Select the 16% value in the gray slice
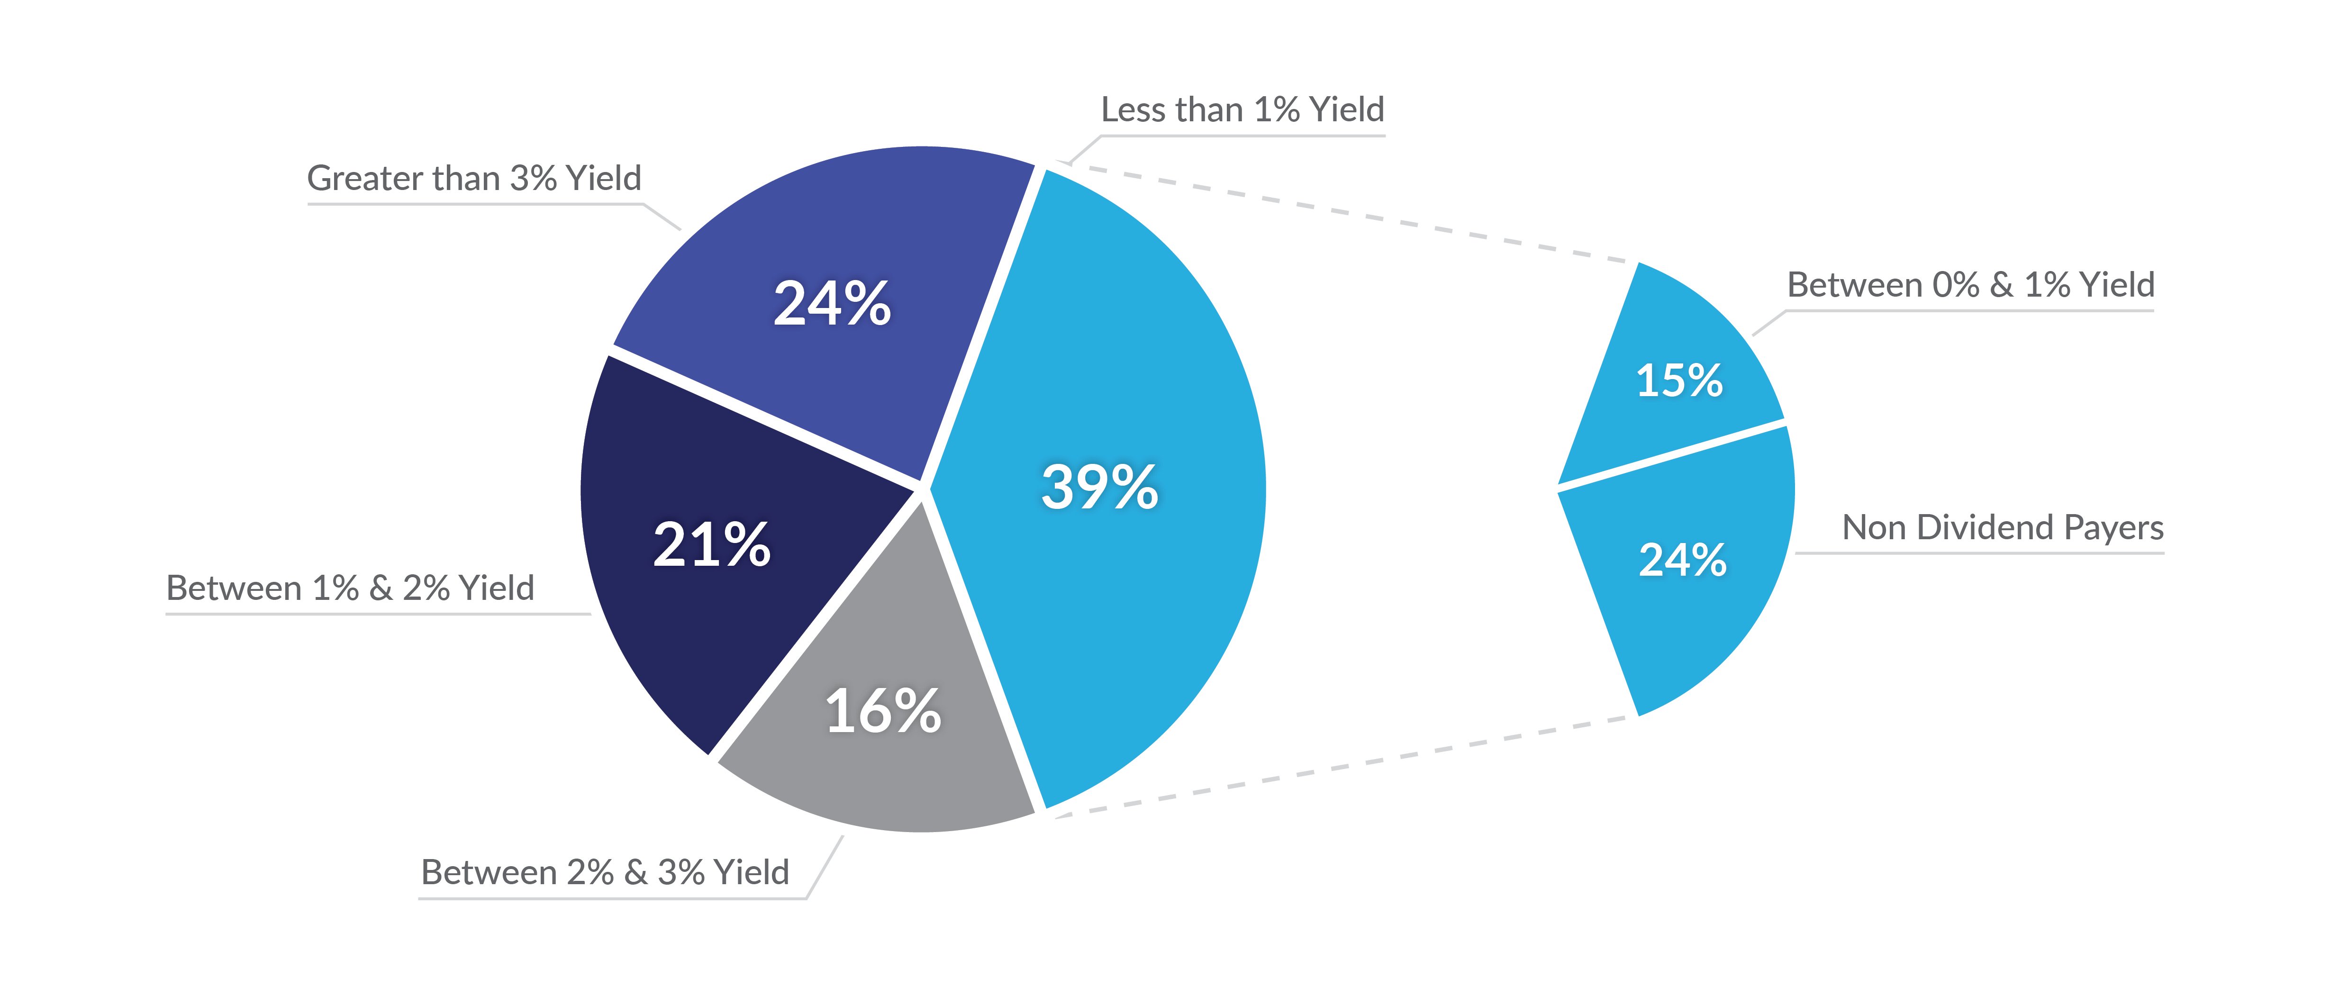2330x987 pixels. pos(883,711)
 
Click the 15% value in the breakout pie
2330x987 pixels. pos(1679,380)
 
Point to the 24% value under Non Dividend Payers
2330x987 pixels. pos(1682,560)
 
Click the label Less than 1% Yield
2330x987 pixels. pos(1242,109)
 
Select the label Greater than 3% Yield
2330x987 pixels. pos(474,178)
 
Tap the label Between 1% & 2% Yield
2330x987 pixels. pos(350,588)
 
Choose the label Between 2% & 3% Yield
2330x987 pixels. pos(605,872)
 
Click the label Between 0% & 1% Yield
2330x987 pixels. pos(1970,285)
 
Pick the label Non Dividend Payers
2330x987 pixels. pos(2003,527)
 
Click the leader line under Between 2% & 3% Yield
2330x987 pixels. pos(611,898)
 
